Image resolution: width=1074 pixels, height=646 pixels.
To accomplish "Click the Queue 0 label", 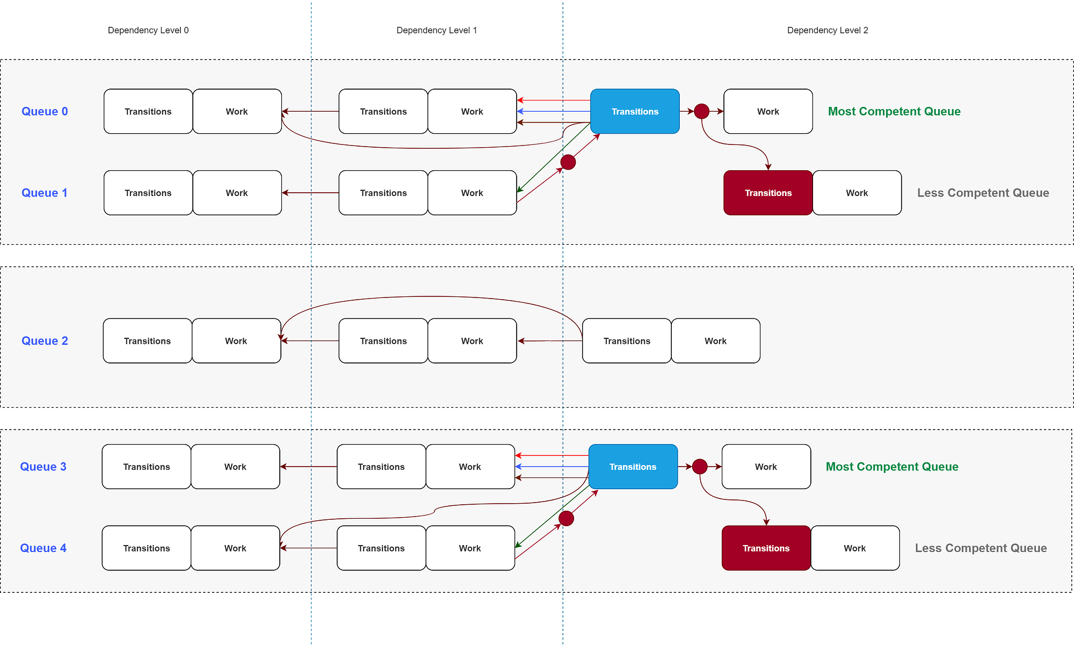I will (x=45, y=111).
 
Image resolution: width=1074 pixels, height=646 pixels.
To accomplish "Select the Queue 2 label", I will (x=45, y=340).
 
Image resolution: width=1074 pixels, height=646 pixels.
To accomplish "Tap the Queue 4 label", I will (x=43, y=548).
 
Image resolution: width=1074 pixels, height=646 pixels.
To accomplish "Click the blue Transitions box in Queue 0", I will (x=635, y=111).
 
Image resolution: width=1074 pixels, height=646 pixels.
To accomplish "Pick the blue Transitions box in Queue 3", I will (x=633, y=467).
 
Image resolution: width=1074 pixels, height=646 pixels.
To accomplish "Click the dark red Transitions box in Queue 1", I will (x=768, y=193).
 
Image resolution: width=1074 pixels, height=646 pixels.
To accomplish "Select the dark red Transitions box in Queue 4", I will (x=766, y=548).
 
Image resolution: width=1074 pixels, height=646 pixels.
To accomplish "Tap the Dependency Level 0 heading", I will (x=148, y=30).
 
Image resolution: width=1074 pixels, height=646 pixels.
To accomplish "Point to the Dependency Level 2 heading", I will (x=828, y=30).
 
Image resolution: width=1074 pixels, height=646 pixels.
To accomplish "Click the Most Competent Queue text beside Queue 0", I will (x=894, y=111).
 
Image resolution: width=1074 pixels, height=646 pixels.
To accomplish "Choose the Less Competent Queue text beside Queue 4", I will (x=981, y=548).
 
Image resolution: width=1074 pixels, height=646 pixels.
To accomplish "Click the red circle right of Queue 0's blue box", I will (x=701, y=111).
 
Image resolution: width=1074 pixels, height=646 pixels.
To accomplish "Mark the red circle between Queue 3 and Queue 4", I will (x=566, y=518).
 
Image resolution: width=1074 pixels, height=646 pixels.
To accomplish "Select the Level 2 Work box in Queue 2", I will (x=715, y=340).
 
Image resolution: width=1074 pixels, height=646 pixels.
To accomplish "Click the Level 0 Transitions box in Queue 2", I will (x=147, y=340).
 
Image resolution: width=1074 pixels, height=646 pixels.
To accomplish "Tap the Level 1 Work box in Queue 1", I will (x=472, y=193).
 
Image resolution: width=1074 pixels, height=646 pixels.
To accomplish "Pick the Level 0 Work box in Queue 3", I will (x=235, y=467).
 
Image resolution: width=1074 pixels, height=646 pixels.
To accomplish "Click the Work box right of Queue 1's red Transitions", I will (x=857, y=193).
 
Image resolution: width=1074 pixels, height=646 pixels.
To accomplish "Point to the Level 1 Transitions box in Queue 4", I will (x=381, y=548).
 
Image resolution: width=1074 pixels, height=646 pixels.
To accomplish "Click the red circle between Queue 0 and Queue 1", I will (x=568, y=162).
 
